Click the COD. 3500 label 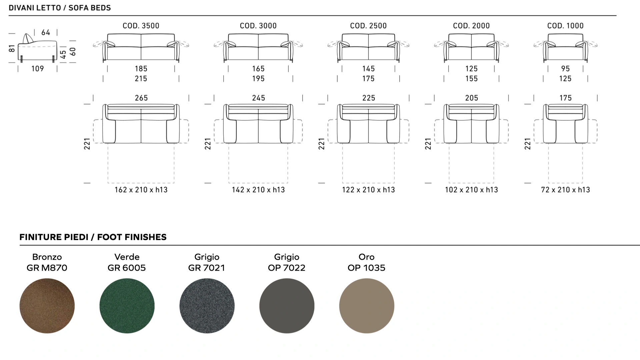[141, 26]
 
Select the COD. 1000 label [565, 26]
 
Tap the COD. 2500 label [368, 26]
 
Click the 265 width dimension [141, 98]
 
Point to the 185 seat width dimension [141, 69]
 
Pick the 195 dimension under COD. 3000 [258, 79]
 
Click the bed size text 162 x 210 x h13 [141, 190]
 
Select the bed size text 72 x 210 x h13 [565, 190]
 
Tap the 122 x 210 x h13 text [368, 190]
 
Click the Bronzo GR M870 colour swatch [47, 306]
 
